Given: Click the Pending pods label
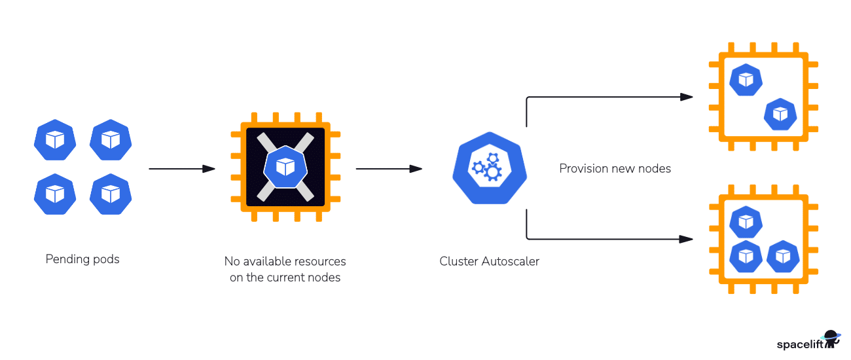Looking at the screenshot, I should [82, 259].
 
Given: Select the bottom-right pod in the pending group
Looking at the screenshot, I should [111, 194].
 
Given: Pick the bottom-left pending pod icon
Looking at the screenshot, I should [56, 194].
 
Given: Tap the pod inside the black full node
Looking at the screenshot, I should [285, 167].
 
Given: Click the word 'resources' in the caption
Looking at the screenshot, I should [319, 261].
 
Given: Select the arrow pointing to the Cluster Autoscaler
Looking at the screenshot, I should [389, 169].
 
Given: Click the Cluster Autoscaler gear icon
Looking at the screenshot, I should [490, 168].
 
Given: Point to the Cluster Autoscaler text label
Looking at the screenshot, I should [489, 262].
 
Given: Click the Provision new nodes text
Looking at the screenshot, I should [615, 169].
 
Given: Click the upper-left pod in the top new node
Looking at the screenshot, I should [746, 80].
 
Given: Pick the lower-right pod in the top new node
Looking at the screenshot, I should [780, 114].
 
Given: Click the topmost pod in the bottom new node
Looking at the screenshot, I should [746, 223].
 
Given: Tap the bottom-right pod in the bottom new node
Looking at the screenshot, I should [782, 256].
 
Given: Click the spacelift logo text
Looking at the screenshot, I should [799, 344].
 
